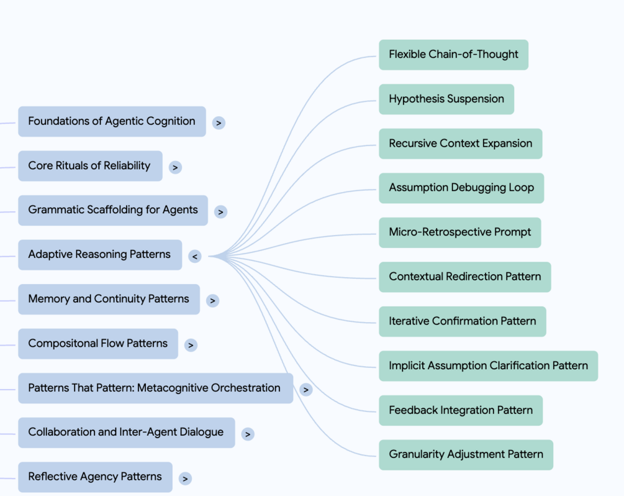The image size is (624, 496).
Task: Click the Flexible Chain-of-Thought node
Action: tap(453, 55)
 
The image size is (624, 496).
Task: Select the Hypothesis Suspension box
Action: tap(446, 99)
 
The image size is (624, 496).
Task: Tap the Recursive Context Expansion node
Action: tap(461, 144)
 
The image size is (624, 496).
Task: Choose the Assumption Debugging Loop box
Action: tap(461, 188)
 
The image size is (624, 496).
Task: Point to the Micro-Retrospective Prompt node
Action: tap(459, 232)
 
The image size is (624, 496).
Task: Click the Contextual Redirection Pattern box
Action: tap(465, 277)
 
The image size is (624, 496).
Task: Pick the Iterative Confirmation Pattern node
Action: tap(463, 321)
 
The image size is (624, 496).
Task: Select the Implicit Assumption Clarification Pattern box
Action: tap(488, 365)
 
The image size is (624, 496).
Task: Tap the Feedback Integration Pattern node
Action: tap(461, 410)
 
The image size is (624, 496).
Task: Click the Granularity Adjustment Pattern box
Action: tap(466, 455)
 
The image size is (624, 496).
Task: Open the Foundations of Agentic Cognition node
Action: tap(112, 121)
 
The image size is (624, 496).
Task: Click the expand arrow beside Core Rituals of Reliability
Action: tap(175, 167)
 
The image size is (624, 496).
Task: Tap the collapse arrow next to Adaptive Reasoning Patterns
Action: tap(194, 256)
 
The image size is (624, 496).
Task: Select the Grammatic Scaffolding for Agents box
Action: tap(113, 210)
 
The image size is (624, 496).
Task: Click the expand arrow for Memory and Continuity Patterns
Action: tap(212, 301)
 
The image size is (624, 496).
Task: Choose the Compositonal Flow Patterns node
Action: tap(98, 344)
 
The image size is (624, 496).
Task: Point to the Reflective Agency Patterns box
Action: tap(95, 477)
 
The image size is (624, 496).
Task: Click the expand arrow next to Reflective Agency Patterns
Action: tap(185, 479)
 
